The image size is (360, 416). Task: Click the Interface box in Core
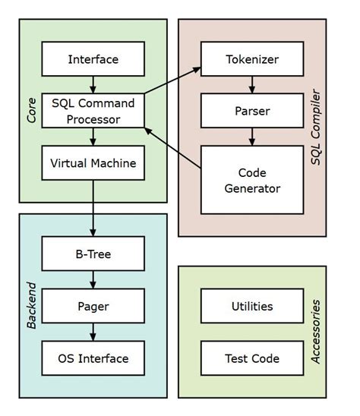(x=93, y=59)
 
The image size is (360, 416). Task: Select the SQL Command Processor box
(x=93, y=110)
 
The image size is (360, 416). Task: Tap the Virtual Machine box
(x=93, y=162)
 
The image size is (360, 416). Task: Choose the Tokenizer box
(x=251, y=59)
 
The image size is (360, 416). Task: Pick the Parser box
(x=251, y=111)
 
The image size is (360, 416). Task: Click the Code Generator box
(x=251, y=180)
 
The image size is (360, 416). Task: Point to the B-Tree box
(x=93, y=254)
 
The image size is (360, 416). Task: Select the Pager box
(x=93, y=307)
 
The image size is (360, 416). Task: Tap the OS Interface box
(x=93, y=358)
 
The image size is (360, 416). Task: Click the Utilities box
(x=251, y=307)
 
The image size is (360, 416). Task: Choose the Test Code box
(x=251, y=358)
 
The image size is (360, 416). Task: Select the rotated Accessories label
(x=317, y=331)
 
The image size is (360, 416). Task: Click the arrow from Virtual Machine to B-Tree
(x=93, y=209)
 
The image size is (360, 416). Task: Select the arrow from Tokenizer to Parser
(x=251, y=85)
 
